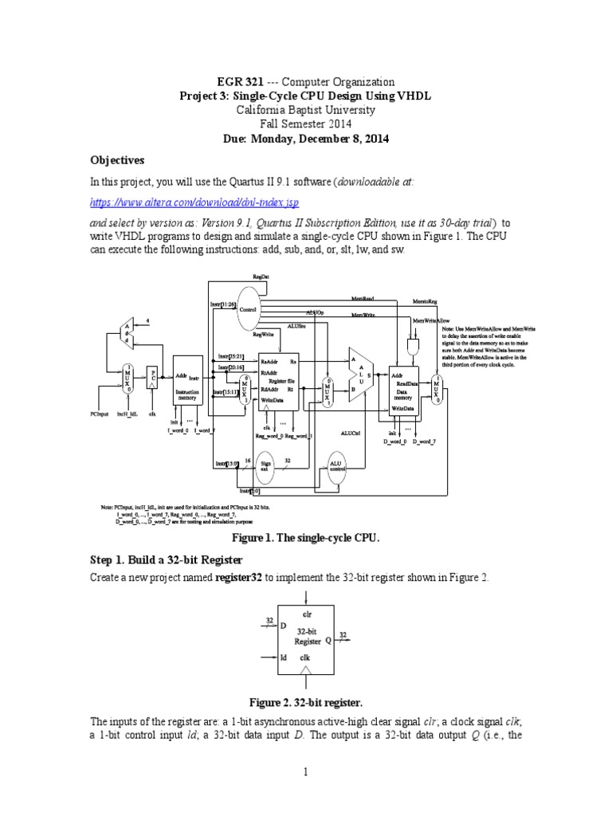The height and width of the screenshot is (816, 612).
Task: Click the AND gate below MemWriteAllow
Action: [x=413, y=346]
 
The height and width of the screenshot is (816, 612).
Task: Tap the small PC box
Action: [x=154, y=378]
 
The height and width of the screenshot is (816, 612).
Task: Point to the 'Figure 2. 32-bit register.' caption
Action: [x=306, y=702]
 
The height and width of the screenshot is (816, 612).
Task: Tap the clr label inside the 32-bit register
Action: [x=307, y=614]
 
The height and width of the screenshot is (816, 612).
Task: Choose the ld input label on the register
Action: [x=283, y=658]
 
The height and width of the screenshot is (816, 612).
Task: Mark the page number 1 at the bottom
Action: [x=306, y=771]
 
